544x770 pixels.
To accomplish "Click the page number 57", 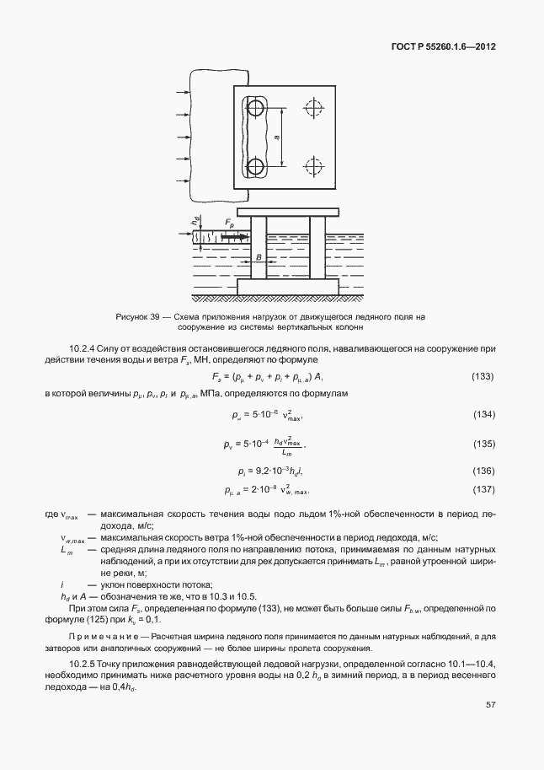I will [490, 704].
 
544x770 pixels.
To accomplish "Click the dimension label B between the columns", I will [259, 256].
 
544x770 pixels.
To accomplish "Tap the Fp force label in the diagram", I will [230, 221].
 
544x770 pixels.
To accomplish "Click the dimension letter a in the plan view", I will [277, 137].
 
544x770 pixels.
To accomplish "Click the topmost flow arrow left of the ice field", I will [179, 90].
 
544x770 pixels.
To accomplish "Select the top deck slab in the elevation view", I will [287, 211].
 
